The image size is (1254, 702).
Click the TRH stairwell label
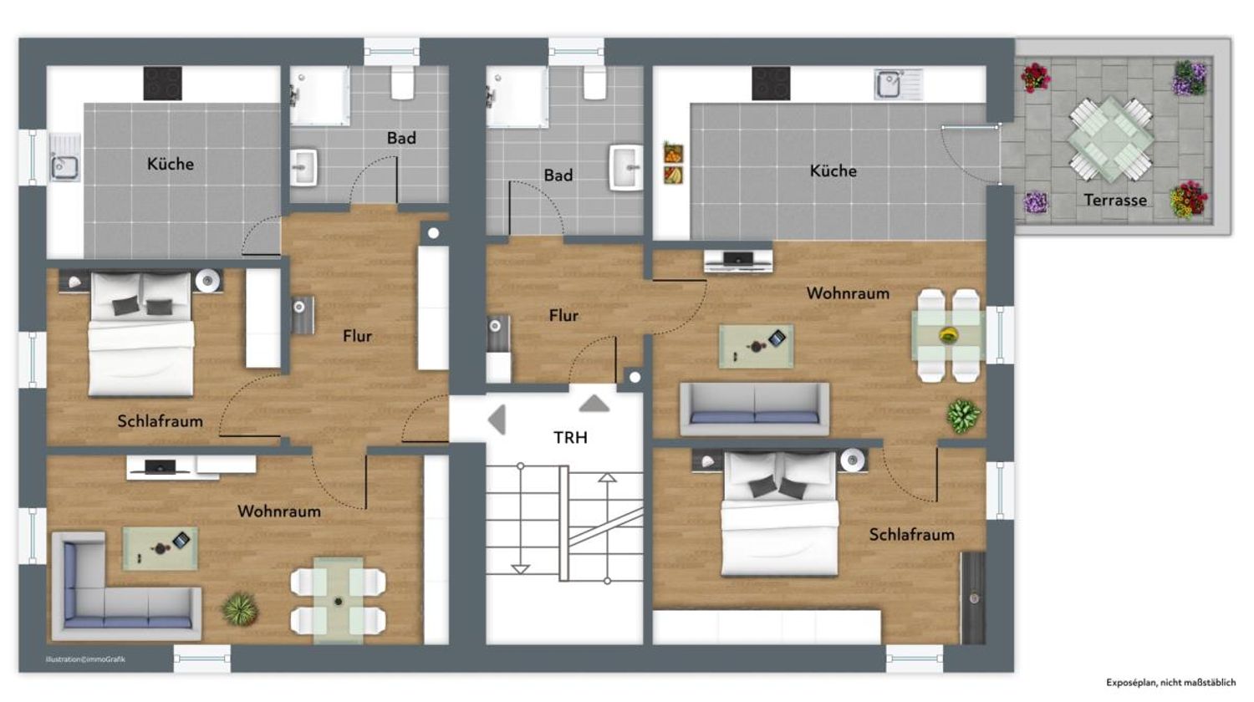click(570, 437)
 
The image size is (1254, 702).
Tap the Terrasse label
click(1115, 200)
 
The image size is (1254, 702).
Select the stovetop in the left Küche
click(162, 84)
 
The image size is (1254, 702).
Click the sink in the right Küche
click(898, 84)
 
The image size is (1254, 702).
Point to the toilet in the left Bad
click(402, 82)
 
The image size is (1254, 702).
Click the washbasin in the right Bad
click(626, 167)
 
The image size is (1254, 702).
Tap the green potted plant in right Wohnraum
click(963, 415)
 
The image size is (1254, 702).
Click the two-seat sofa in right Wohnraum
click(754, 409)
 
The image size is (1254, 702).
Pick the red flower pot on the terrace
click(1036, 77)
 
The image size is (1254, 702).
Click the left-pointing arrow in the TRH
click(497, 420)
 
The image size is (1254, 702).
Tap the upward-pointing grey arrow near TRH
click(594, 404)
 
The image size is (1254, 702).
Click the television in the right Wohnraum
click(738, 261)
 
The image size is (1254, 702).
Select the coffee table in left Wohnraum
click(161, 548)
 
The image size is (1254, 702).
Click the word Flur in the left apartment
click(357, 336)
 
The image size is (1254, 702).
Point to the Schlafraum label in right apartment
click(911, 535)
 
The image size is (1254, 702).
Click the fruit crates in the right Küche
click(674, 164)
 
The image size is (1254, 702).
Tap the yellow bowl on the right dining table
click(948, 335)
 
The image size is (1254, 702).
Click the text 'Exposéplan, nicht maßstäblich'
click(1170, 683)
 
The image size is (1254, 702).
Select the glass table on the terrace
click(1111, 139)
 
